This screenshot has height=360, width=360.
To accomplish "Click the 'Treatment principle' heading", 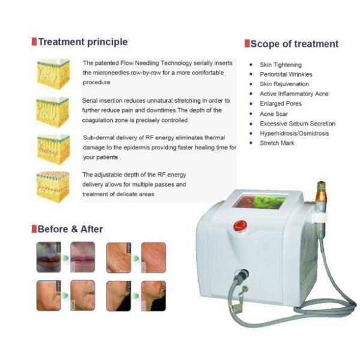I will point(83,42).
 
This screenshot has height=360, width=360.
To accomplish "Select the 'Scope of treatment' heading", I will point(294,44).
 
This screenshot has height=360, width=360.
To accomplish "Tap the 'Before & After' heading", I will point(70,229).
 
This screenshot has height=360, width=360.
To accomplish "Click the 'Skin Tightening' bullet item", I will point(280,65).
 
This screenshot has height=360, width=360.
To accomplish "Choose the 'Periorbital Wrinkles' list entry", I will point(286,74).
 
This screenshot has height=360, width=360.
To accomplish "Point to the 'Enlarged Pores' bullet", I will point(279,104).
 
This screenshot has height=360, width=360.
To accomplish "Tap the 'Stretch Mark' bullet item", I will point(277,143).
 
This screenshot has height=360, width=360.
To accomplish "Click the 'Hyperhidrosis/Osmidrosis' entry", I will point(294,133).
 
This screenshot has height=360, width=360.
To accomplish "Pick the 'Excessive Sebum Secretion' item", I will point(297,124).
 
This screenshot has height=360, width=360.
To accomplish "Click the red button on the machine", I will point(240,226).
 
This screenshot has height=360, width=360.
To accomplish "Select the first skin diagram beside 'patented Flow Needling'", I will point(53,73).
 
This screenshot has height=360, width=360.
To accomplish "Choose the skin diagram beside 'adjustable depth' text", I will point(53,186).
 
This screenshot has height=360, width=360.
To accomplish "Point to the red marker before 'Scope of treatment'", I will point(247,44).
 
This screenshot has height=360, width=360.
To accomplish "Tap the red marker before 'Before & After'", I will point(34,229).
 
